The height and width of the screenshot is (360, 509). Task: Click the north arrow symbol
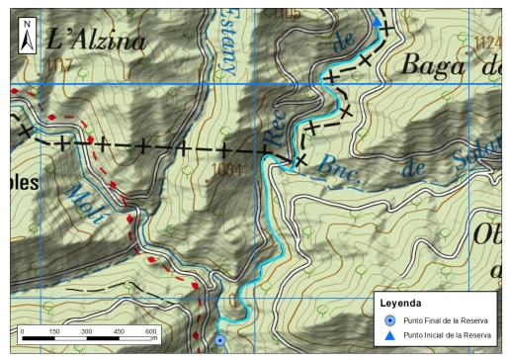tap(28, 34)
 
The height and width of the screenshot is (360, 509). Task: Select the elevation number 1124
tap(489, 42)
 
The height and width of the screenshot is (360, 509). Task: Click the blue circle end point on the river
tap(219, 340)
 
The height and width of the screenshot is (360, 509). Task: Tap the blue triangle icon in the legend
tap(390, 335)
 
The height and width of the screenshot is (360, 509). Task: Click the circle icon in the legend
tap(390, 320)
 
